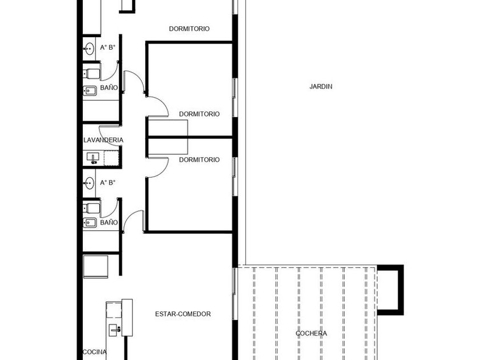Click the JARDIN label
click(321, 86)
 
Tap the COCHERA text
click(311, 333)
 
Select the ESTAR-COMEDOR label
click(183, 314)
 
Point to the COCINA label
click(95, 352)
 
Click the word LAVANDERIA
click(103, 140)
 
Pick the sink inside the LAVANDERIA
click(93, 158)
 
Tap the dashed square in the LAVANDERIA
click(111, 158)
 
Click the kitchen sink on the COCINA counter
click(115, 330)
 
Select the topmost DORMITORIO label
click(189, 29)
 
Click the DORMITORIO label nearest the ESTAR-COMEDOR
click(199, 159)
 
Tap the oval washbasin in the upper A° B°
click(89, 49)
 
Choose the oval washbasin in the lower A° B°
click(89, 183)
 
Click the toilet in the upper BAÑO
click(91, 74)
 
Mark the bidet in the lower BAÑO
click(90, 222)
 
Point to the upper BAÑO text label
click(109, 87)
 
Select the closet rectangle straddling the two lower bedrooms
click(168, 137)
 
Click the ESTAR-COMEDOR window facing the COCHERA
click(234, 294)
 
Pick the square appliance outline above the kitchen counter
click(95, 267)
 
